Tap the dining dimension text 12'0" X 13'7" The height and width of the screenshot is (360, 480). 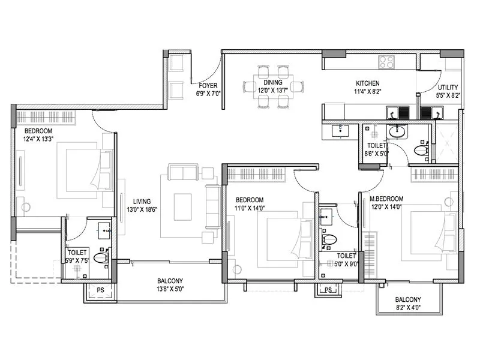point(273,91)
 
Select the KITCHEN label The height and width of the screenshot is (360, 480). point(367,83)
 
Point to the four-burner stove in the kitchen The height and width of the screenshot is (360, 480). point(386,61)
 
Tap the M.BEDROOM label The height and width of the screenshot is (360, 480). point(386,199)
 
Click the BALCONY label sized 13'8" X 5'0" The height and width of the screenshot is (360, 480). point(170,281)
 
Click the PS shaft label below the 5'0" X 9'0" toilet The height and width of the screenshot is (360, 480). point(328,290)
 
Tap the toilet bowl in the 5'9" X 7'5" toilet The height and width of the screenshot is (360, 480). point(101,259)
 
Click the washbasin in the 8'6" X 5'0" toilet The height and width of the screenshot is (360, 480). point(397,131)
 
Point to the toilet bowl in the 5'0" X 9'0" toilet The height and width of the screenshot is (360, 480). point(328,240)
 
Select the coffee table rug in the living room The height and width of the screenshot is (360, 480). point(182,207)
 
